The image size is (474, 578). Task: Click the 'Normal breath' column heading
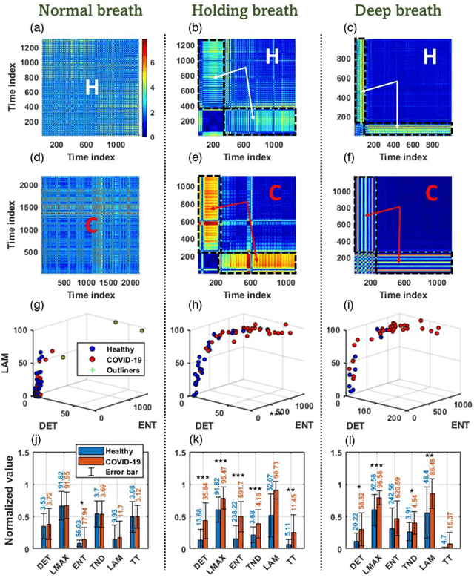(84, 10)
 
